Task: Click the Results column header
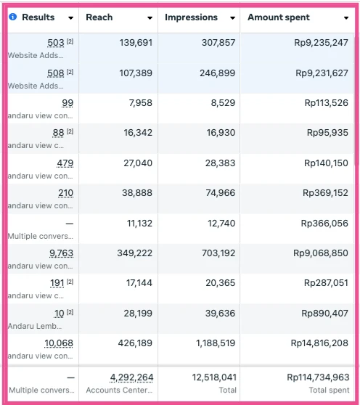38,17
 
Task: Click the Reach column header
99,17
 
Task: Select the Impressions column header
191,17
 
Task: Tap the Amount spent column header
279,17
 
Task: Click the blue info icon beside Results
13,17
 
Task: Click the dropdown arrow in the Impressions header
232,18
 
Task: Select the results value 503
56,44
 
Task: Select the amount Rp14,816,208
319,343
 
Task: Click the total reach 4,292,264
131,377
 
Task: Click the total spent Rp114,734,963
317,377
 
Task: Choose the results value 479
65,163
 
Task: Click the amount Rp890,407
327,313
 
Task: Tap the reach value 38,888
137,193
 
